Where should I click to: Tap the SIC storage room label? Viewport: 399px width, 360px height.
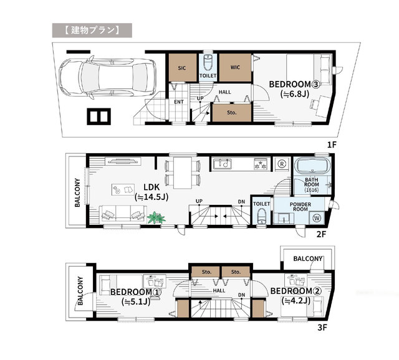click(x=181, y=68)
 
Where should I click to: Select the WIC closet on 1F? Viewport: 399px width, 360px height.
click(x=235, y=67)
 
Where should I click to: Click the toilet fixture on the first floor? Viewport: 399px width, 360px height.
click(x=208, y=63)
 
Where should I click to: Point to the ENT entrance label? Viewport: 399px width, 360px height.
click(x=179, y=102)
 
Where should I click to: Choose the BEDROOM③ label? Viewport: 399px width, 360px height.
click(x=294, y=84)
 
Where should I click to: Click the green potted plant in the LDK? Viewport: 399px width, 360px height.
click(x=156, y=218)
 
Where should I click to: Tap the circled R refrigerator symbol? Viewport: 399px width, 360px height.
click(x=282, y=164)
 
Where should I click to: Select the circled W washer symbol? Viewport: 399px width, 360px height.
click(x=317, y=218)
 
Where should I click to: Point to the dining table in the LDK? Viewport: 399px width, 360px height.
click(x=183, y=173)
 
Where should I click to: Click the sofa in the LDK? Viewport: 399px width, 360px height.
click(x=123, y=215)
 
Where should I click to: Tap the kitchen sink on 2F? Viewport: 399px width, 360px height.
click(x=222, y=164)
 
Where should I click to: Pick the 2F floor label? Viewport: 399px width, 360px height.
click(x=322, y=234)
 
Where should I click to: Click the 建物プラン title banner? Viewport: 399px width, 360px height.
click(x=92, y=31)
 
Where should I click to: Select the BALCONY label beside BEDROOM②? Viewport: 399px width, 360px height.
click(x=308, y=259)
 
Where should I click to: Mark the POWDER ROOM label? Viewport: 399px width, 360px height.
click(x=300, y=207)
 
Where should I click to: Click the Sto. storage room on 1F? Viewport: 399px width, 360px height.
click(x=232, y=113)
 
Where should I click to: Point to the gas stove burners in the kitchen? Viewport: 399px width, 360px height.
click(x=261, y=163)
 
